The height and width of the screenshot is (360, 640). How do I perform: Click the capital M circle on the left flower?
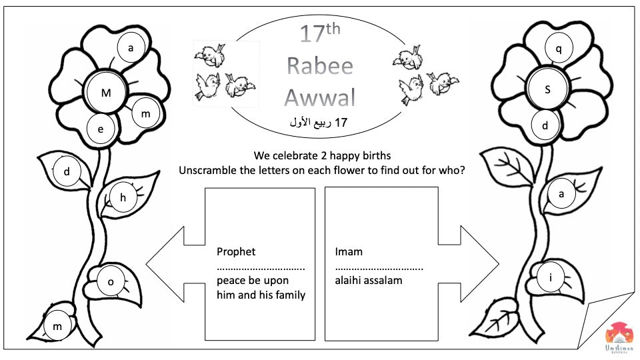(x=106, y=93)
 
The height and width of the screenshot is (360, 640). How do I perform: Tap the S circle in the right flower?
(x=547, y=89)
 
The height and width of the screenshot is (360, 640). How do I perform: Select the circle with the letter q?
(x=559, y=48)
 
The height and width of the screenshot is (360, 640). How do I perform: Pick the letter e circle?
(x=101, y=129)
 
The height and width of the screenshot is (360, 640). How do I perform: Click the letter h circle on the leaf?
(x=123, y=197)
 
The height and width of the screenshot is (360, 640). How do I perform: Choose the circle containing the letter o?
(x=111, y=282)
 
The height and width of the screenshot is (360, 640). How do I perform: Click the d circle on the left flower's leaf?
(x=67, y=172)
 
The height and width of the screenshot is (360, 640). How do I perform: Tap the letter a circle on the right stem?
(x=561, y=195)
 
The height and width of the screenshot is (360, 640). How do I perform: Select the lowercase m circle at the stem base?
(x=57, y=325)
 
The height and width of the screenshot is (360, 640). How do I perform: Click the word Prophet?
(x=236, y=252)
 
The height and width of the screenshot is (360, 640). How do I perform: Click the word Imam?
(x=349, y=252)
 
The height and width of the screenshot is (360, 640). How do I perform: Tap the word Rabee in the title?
(x=319, y=65)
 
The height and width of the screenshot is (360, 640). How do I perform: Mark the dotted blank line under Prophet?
(x=261, y=268)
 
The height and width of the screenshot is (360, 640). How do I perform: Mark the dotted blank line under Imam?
(x=379, y=268)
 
